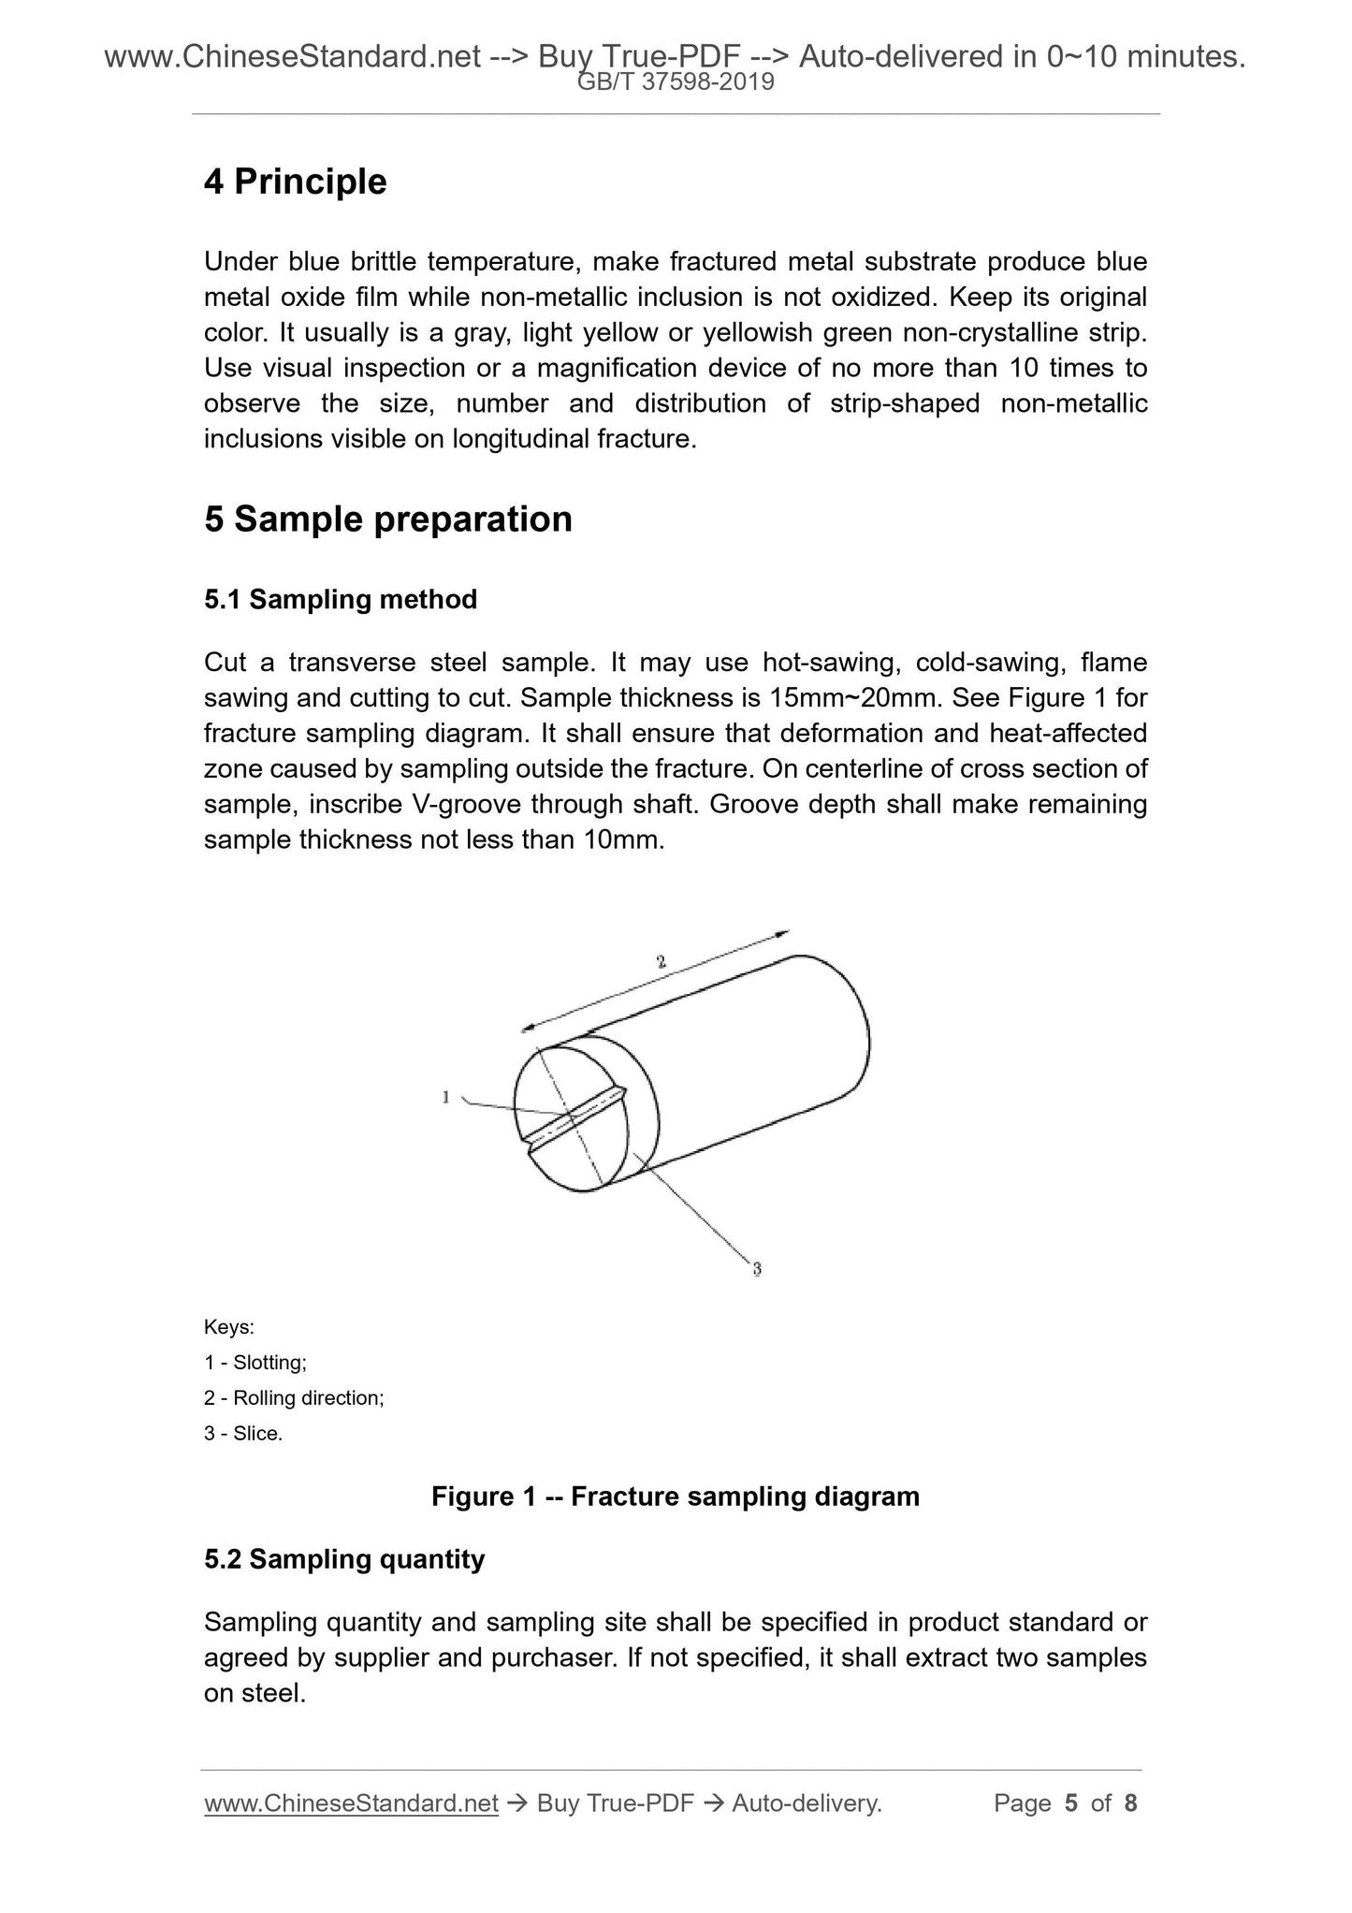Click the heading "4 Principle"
pos(295,182)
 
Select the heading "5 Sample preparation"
pos(387,519)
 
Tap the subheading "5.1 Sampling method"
pos(341,599)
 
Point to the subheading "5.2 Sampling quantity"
pos(344,1559)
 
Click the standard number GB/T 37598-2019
pos(676,82)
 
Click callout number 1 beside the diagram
pos(446,1097)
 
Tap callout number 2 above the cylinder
pos(661,961)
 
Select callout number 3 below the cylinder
pos(756,1270)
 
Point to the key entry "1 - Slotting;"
pos(255,1363)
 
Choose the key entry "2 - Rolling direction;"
pos(294,1398)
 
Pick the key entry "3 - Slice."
pos(243,1434)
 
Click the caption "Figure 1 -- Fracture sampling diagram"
pos(676,1497)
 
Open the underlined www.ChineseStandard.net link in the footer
pos(351,1803)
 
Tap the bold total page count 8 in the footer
pos(1130,1803)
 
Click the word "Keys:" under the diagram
pos(229,1327)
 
